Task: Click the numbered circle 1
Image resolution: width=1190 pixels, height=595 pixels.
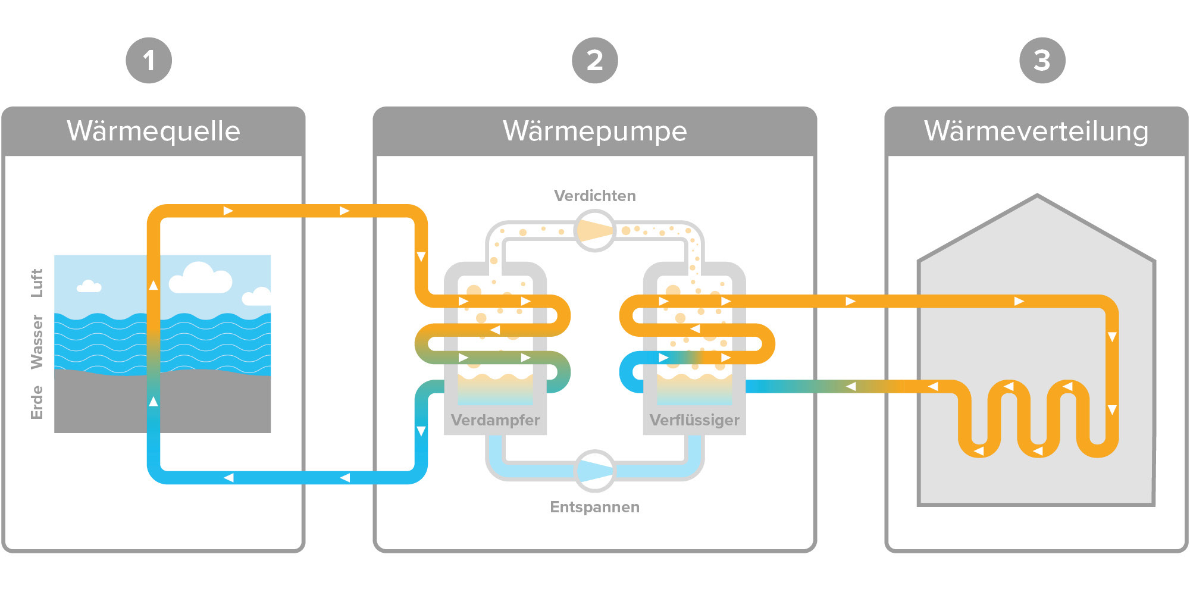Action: pos(149,60)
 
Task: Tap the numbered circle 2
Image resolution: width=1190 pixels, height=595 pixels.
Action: pos(595,60)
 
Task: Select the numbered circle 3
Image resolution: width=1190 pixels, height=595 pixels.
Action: pos(1042,60)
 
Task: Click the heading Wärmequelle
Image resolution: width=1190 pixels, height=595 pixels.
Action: pos(154,131)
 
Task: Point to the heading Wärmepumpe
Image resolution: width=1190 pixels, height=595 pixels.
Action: pos(595,131)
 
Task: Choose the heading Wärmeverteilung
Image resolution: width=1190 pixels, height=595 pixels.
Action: pos(1036,131)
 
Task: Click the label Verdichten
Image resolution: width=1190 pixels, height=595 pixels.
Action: pos(595,196)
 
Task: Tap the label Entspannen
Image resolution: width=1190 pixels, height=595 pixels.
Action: pos(595,507)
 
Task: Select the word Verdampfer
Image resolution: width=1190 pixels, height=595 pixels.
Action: pos(495,420)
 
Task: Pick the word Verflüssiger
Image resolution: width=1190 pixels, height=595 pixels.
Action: pos(694,420)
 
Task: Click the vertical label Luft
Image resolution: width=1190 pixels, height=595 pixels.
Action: pos(37,283)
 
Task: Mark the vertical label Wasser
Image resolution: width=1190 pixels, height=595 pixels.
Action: pos(37,342)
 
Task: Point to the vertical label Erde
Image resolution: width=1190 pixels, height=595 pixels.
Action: pos(37,402)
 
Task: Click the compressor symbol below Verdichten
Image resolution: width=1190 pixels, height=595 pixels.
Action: pos(595,231)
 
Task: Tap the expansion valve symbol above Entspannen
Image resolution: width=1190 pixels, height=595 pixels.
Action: pos(595,471)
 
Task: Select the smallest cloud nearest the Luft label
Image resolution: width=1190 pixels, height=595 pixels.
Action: pos(89,287)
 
